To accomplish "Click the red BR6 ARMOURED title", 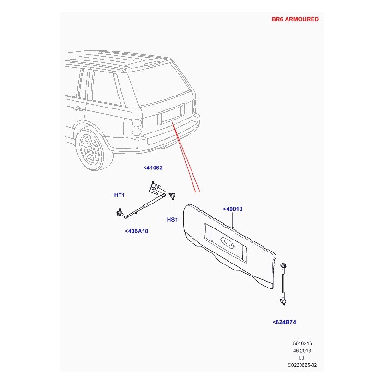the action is [295, 19].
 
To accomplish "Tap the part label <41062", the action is [153, 168].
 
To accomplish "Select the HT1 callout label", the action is [120, 195].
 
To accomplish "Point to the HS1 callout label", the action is [172, 220].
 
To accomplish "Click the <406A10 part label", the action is [137, 231].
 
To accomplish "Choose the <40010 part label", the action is [233, 209].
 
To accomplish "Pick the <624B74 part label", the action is [284, 322].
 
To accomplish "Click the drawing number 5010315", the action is [302, 343].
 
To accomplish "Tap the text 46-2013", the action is [302, 351].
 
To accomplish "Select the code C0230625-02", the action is [302, 365].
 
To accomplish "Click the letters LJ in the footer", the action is [301, 358].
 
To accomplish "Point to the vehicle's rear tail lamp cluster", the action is [137, 127].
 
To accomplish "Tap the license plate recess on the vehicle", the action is [171, 114].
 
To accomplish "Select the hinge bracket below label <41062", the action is [154, 189].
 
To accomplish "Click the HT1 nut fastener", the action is [120, 213].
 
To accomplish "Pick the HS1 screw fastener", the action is [173, 195].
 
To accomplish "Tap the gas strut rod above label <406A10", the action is [145, 205].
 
